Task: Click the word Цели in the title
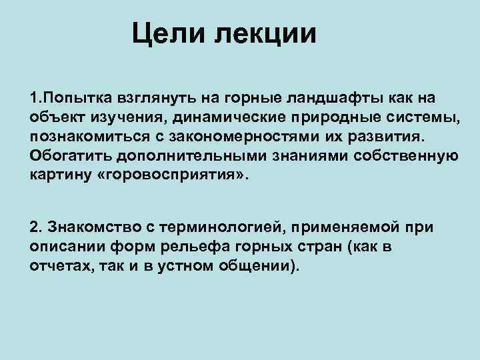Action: [x=165, y=33]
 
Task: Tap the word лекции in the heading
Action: [x=266, y=33]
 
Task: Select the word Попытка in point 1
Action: [x=66, y=99]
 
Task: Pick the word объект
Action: [x=55, y=119]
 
